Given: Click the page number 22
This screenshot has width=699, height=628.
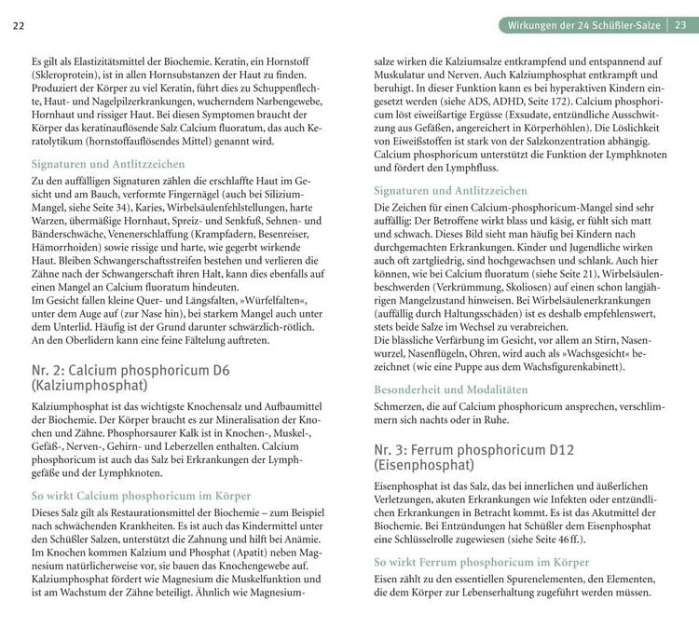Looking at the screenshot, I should (19, 24).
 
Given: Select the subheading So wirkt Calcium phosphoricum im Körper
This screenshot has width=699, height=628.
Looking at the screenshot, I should (134, 497).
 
